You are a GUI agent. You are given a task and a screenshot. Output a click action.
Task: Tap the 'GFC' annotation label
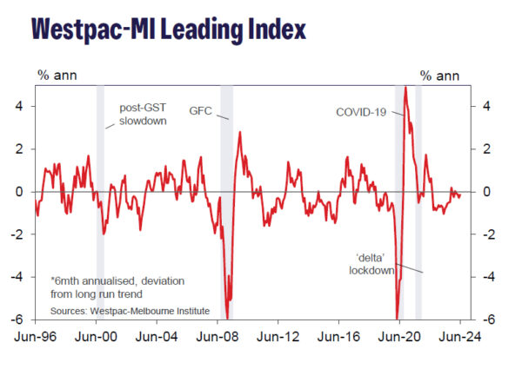point(200,111)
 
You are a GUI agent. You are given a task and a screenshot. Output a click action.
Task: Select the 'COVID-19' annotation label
point(361,112)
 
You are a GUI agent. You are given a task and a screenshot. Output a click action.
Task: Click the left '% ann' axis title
point(54,75)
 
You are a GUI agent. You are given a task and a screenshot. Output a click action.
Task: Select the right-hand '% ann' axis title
point(438,75)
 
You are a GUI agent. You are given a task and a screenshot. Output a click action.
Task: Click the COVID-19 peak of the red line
point(406,88)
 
